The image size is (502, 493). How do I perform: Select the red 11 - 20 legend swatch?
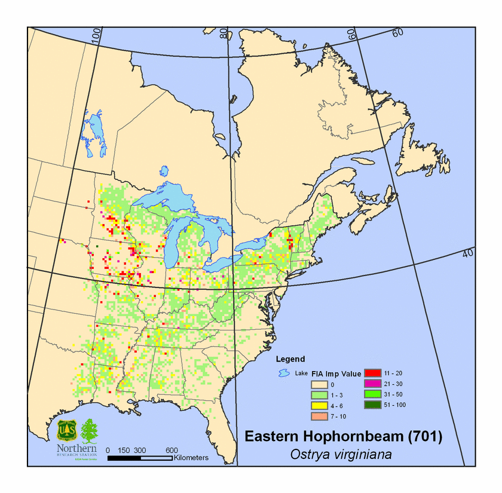(x=373, y=373)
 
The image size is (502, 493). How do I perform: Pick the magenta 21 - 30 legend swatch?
(x=373, y=384)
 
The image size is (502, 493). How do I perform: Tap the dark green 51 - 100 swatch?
(x=373, y=405)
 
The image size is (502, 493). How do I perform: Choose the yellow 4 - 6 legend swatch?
(x=319, y=405)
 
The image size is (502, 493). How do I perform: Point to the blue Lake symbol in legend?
(x=283, y=374)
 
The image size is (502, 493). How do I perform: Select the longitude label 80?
(x=224, y=32)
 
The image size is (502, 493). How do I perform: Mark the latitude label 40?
(x=468, y=254)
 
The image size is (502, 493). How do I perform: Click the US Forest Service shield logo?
(x=66, y=430)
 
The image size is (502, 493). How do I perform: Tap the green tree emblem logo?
(x=89, y=430)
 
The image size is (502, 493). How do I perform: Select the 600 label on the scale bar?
(x=172, y=450)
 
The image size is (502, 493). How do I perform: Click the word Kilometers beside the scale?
(x=191, y=458)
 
